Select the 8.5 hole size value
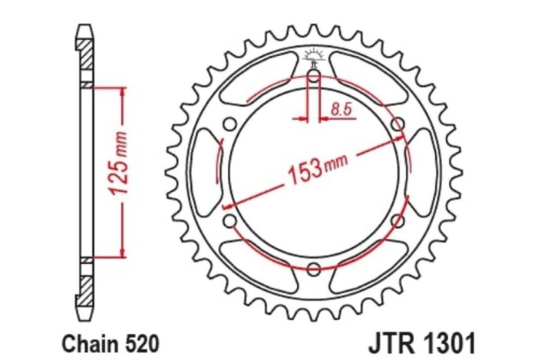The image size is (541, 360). [341, 110]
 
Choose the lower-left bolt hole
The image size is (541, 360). [229, 221]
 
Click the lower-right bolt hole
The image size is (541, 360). [398, 221]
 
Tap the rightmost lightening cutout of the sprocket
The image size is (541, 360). [421, 171]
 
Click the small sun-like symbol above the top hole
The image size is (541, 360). [313, 55]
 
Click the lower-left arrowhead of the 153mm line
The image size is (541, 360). [226, 206]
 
